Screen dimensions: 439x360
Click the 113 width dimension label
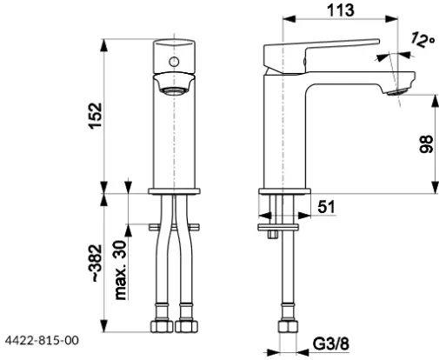341,10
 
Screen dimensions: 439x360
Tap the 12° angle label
422,40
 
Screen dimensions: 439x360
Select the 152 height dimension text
96,116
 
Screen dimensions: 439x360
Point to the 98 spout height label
426,144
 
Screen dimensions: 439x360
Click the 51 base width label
326,207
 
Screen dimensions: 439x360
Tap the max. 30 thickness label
121,270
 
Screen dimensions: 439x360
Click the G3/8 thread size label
331,344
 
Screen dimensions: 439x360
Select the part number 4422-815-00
42,340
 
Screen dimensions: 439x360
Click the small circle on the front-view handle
174,62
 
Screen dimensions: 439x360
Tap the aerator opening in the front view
174,91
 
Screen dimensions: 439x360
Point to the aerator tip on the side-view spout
396,93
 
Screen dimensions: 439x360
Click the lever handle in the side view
321,57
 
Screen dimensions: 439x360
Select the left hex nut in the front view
162,326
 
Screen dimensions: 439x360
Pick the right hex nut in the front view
187,326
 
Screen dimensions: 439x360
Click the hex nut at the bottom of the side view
288,326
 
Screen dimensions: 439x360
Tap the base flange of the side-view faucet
284,191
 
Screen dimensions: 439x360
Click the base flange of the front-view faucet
174,191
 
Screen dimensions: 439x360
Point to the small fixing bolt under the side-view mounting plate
273,234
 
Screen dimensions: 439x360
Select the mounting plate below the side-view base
278,227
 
